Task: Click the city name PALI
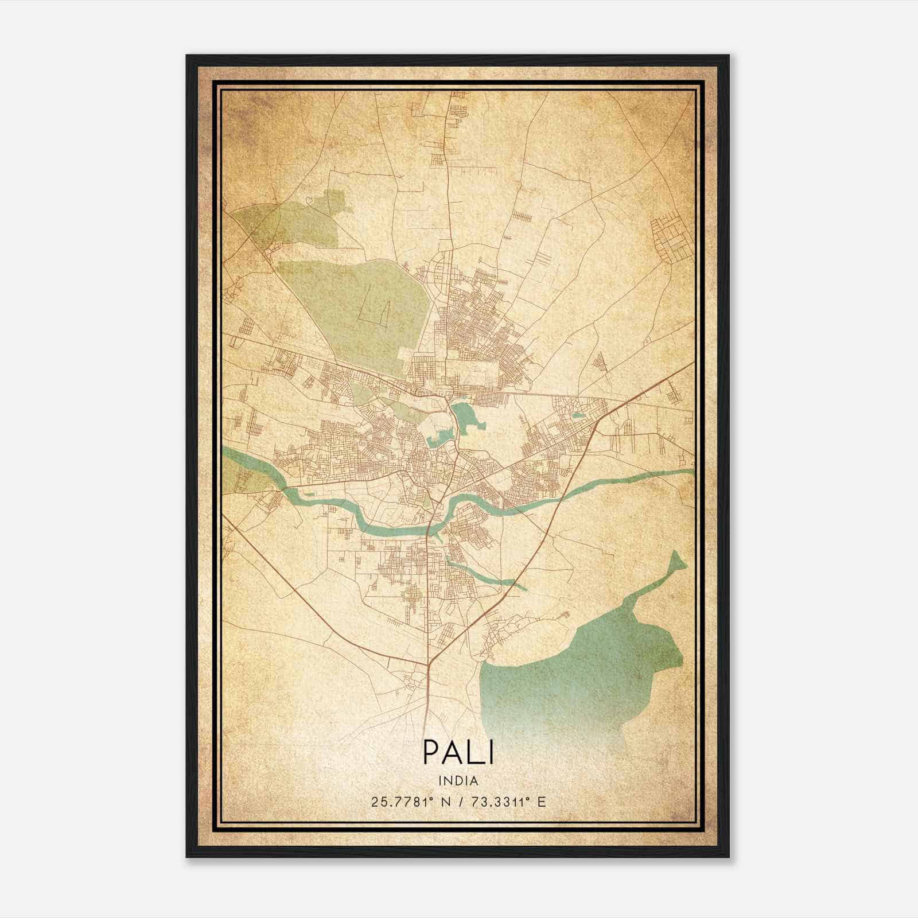458,752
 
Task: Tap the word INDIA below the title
458,781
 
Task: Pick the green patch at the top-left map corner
287,224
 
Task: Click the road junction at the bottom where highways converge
429,666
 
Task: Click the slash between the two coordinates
460,802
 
